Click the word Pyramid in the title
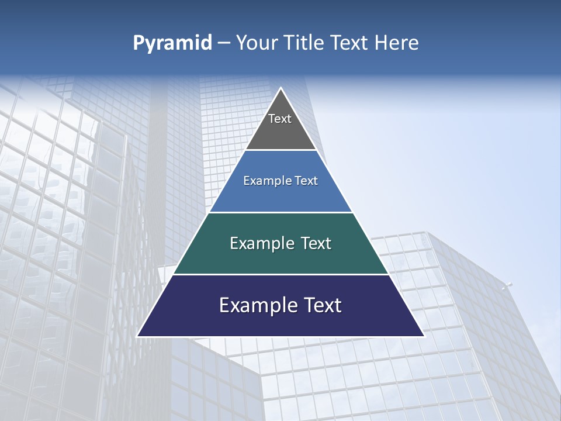pos(172,43)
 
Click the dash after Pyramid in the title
pos(224,43)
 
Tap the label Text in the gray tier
pos(280,119)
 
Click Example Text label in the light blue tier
pos(280,181)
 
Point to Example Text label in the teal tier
pos(280,243)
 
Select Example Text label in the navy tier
pos(280,305)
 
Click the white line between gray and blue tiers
pos(280,150)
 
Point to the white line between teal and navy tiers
pos(280,274)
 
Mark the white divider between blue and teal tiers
pos(280,212)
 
